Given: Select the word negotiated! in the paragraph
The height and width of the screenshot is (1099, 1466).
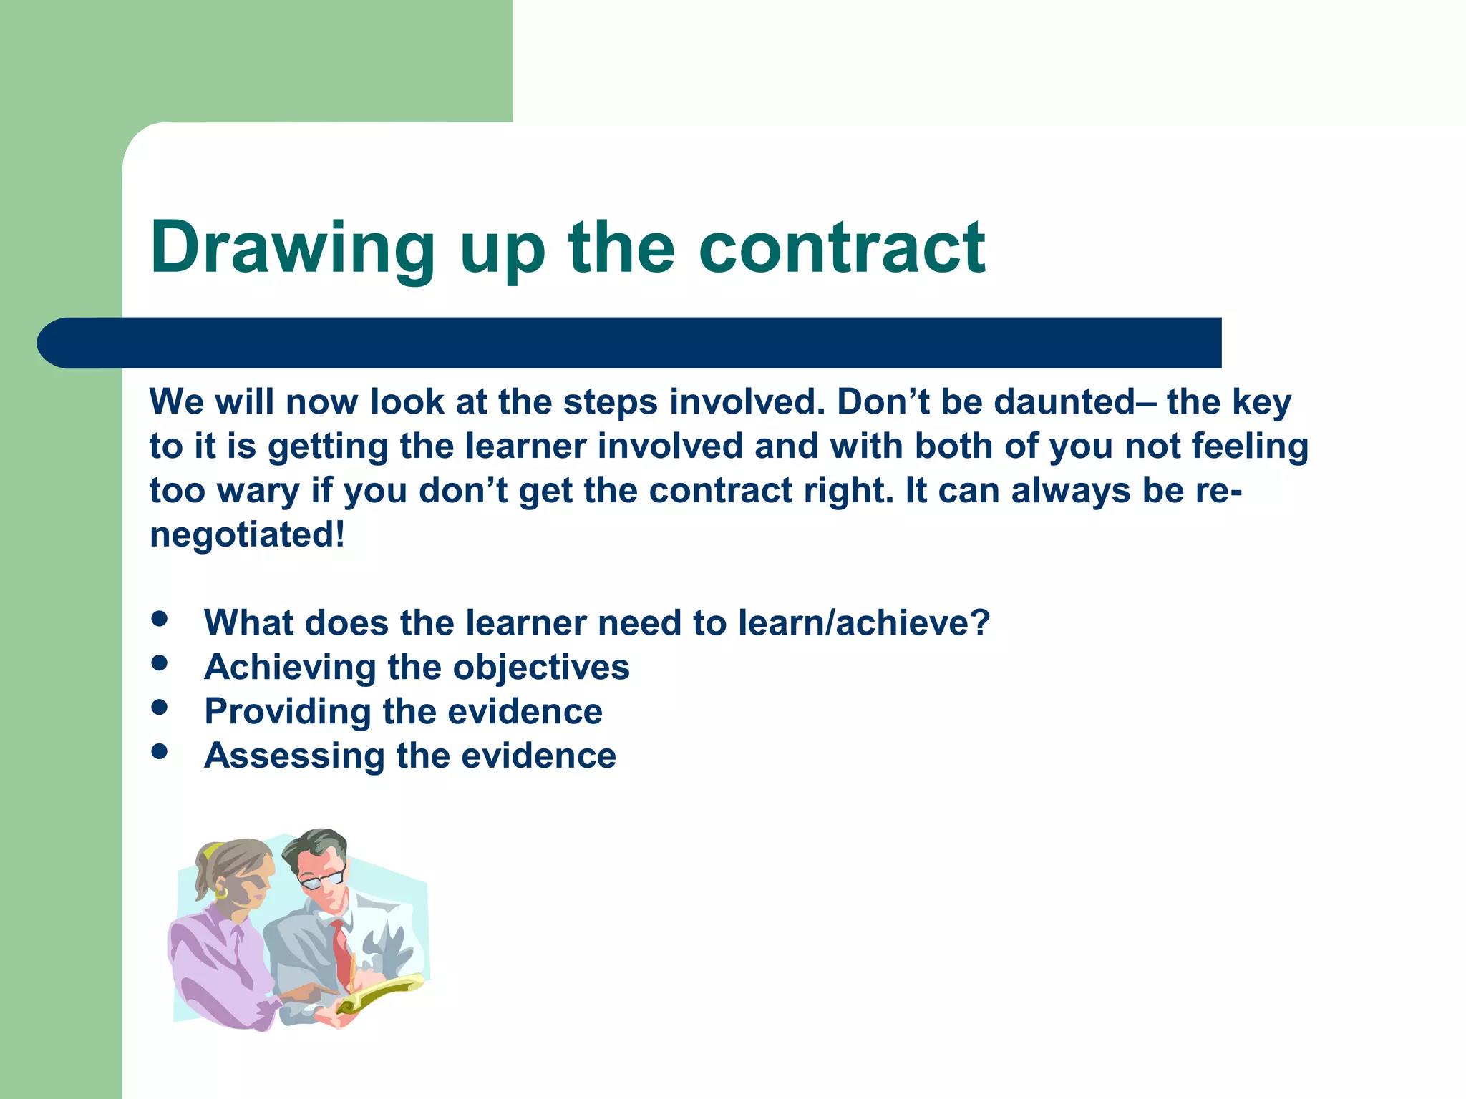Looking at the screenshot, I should coord(247,535).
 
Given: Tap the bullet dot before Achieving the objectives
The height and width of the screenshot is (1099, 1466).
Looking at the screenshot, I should coord(160,663).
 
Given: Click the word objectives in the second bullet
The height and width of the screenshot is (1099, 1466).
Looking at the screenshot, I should coord(541,668).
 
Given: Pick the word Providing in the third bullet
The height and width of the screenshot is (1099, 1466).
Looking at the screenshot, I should coord(288,713).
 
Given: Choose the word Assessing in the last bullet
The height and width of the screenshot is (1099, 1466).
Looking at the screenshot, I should coord(294,756).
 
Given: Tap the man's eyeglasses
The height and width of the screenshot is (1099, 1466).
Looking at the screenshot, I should coord(322,879).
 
